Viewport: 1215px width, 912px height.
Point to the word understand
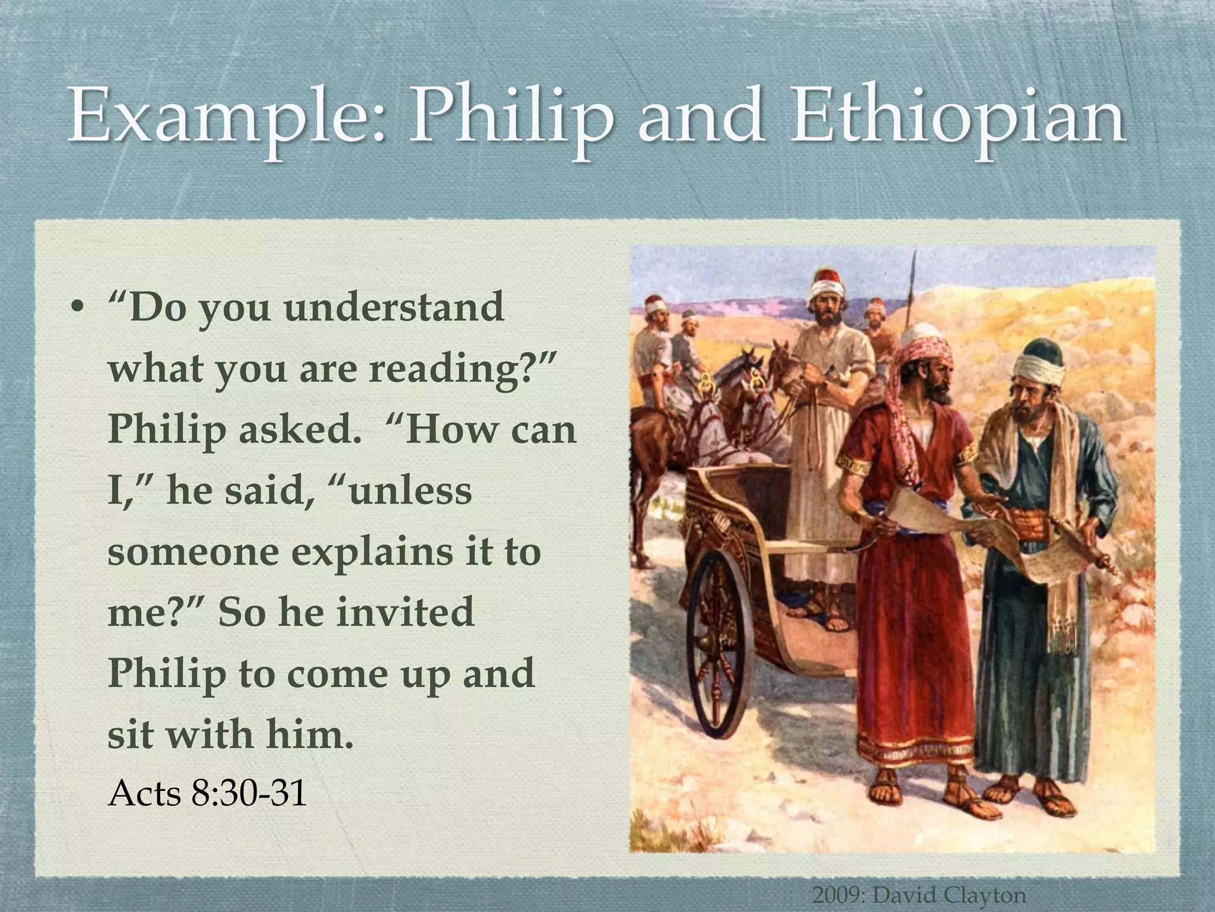(x=394, y=307)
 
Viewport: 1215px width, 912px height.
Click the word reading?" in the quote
(x=462, y=369)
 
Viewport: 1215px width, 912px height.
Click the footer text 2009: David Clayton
(x=919, y=894)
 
